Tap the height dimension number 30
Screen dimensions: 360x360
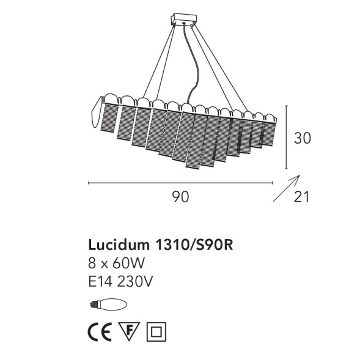301,139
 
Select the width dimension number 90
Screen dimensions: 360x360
180,197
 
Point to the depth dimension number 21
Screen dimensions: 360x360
302,197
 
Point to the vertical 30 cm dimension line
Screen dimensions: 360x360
287,138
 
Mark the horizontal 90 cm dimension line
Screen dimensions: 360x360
180,182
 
